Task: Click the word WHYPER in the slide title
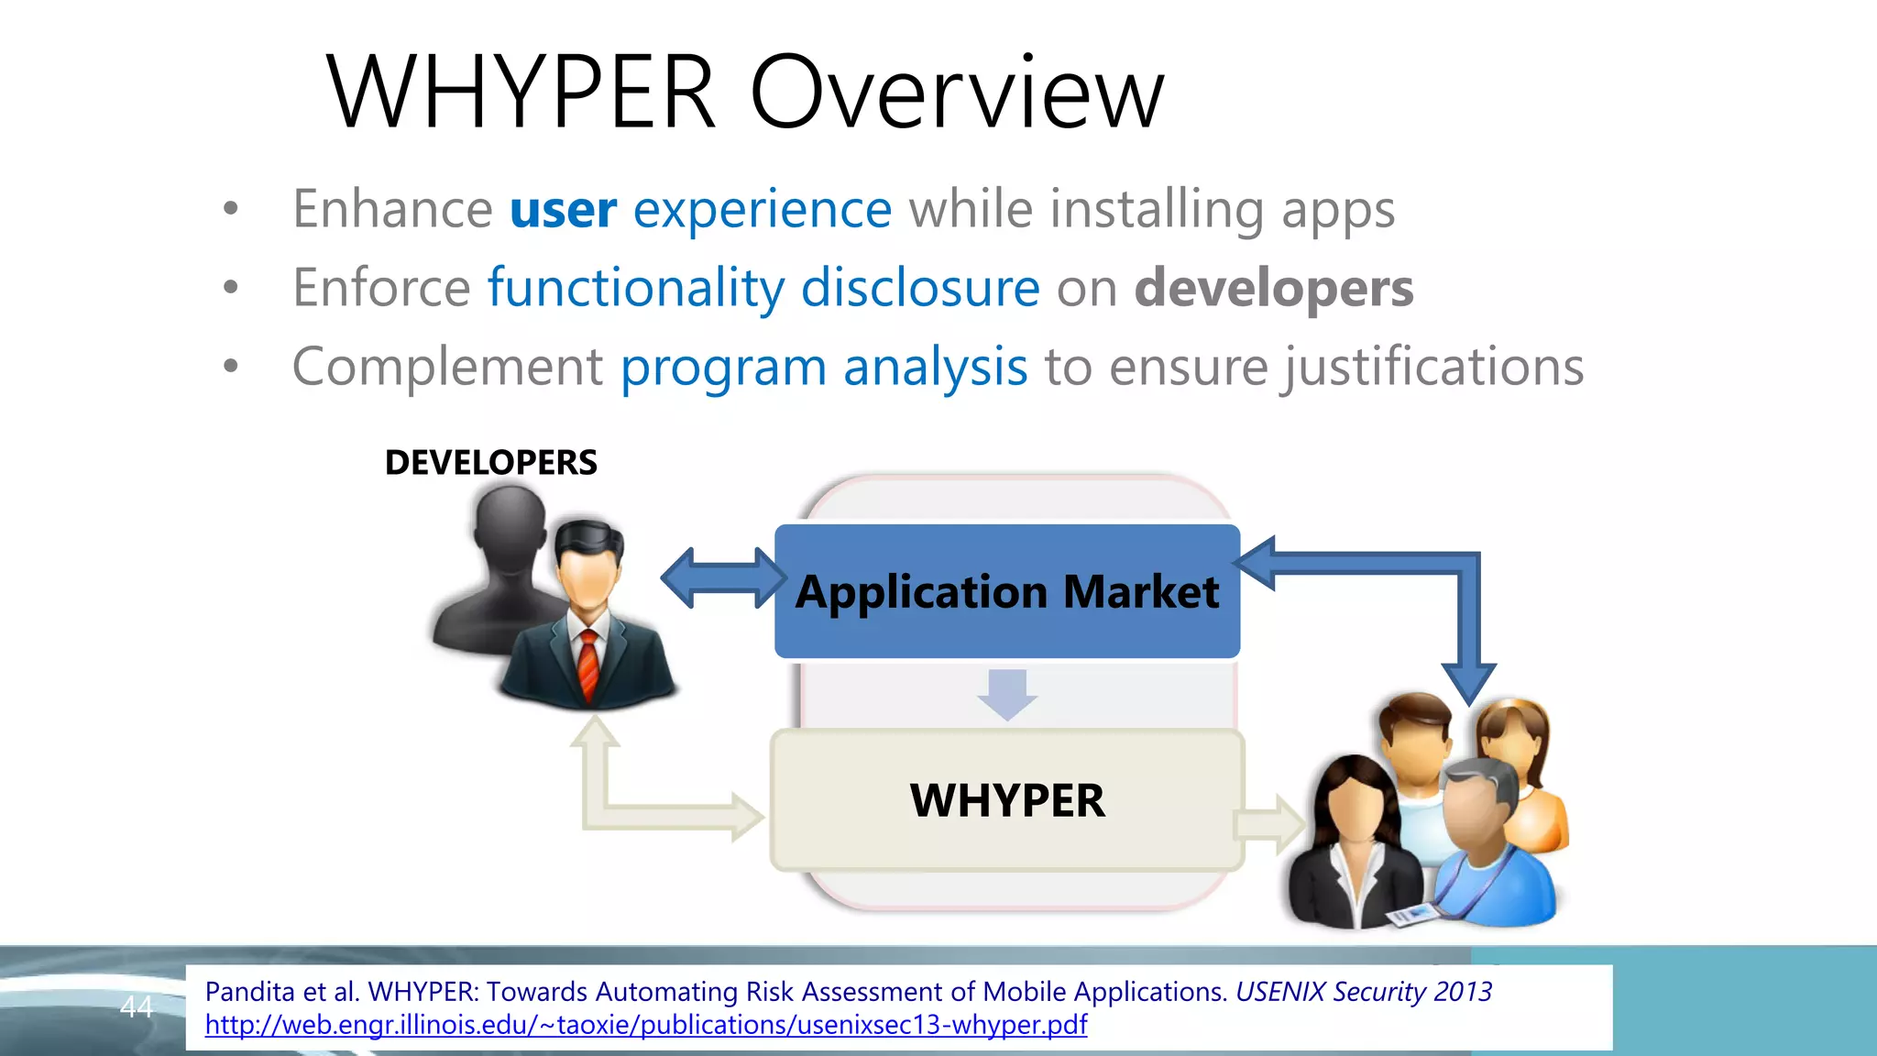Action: [520, 93]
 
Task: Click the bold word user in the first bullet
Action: [563, 210]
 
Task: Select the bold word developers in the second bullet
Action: [1273, 289]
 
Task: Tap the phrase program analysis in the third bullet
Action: [824, 368]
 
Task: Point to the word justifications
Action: [1433, 368]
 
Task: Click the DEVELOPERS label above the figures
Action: [490, 463]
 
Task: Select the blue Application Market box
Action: [1006, 591]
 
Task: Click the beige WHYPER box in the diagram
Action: [1006, 800]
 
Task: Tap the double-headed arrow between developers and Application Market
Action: [722, 577]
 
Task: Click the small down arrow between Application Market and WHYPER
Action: [1007, 694]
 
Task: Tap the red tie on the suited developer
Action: [588, 665]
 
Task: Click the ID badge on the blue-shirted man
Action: [1407, 915]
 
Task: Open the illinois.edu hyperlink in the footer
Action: [645, 1025]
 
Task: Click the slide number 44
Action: [137, 1006]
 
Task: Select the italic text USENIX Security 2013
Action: [1363, 992]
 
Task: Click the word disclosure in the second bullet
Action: [920, 289]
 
